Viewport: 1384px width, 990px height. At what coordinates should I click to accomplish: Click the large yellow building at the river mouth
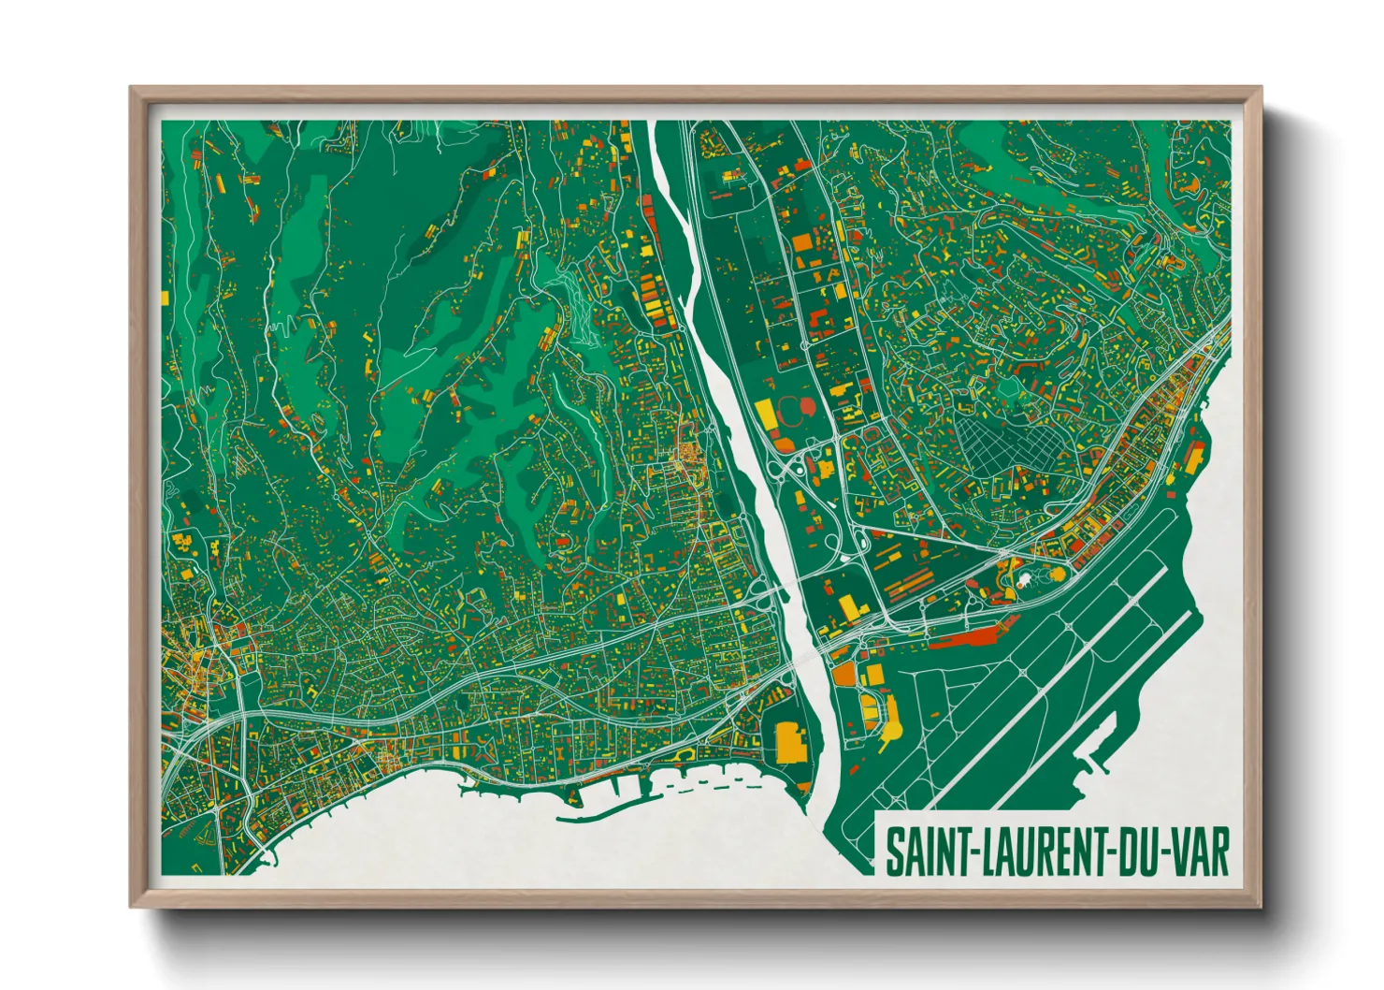(789, 742)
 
